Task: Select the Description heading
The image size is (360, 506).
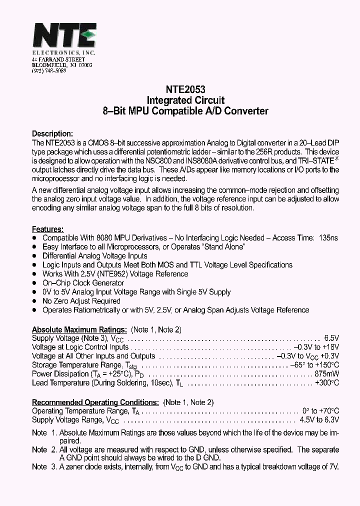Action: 52,133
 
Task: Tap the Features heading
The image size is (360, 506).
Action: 47,228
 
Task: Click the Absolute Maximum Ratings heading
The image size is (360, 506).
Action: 79,329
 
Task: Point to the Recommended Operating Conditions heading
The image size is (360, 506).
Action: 95,402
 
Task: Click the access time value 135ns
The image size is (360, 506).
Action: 328,238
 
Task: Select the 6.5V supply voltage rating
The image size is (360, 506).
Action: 331,338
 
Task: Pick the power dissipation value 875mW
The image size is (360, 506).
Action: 327,374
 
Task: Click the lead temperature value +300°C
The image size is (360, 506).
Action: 327,383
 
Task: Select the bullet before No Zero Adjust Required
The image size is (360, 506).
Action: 34,301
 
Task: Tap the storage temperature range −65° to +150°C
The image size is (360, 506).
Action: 314,365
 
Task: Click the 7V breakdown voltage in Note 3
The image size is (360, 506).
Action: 333,466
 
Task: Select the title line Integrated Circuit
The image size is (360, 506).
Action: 181,100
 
